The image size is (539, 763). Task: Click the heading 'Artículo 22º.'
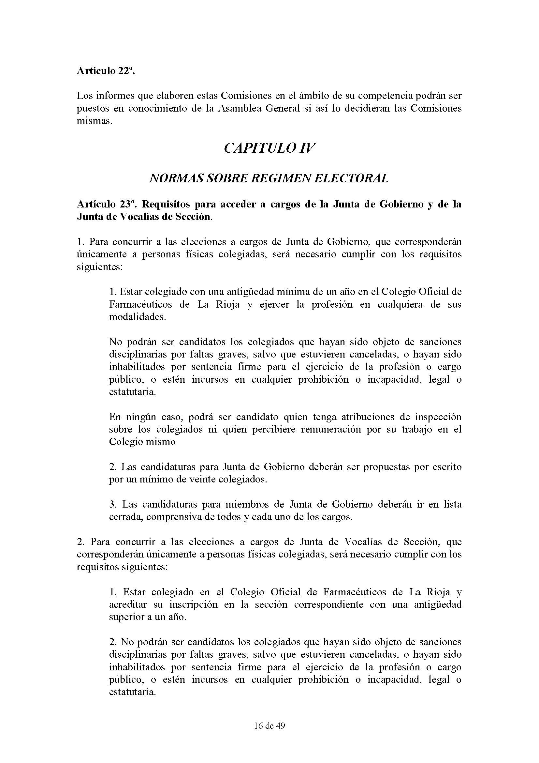pyautogui.click(x=106, y=71)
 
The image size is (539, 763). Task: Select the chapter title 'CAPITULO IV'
pyautogui.click(x=269, y=148)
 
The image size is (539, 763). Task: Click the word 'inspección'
pyautogui.click(x=436, y=417)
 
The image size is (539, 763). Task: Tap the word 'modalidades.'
pyautogui.click(x=138, y=317)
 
